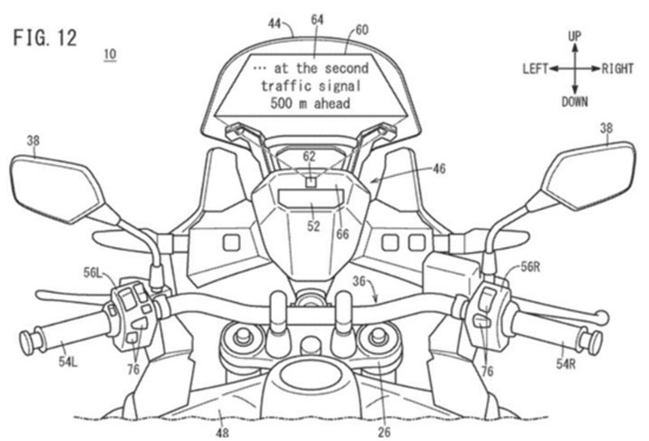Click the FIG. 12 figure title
pyautogui.click(x=45, y=39)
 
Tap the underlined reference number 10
pyautogui.click(x=110, y=54)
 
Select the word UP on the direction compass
pyautogui.click(x=574, y=36)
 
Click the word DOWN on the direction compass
pyautogui.click(x=574, y=101)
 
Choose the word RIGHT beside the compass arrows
pyautogui.click(x=617, y=69)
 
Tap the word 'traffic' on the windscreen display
pyautogui.click(x=288, y=85)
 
